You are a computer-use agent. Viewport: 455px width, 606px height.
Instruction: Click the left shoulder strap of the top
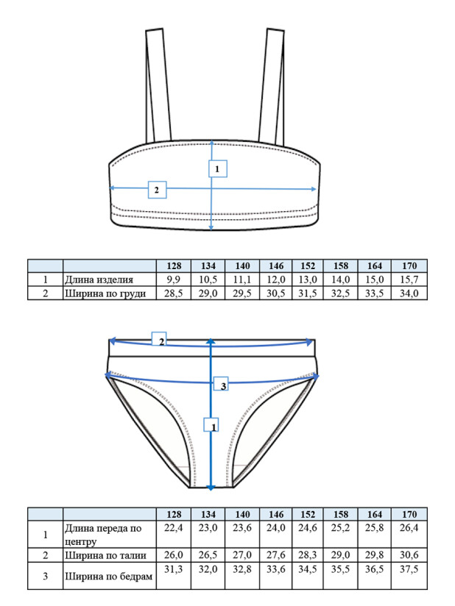tap(158, 86)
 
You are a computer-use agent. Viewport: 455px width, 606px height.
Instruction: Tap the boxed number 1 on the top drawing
tap(217, 168)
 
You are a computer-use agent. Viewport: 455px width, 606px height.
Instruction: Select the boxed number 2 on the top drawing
tap(157, 190)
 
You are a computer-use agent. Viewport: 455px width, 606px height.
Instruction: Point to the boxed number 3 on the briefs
tap(222, 385)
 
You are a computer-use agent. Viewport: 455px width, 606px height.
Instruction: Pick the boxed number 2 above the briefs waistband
tap(159, 339)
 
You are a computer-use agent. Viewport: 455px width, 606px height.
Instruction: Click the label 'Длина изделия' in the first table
tap(99, 279)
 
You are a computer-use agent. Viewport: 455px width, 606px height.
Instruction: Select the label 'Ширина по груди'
tap(105, 293)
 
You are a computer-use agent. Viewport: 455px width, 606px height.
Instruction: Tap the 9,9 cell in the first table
tap(173, 279)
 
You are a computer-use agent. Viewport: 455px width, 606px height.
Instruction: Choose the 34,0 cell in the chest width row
tap(409, 293)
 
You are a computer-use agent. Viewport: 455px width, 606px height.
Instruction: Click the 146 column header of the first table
tap(276, 266)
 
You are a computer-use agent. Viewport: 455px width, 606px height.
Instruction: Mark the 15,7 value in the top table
tap(409, 279)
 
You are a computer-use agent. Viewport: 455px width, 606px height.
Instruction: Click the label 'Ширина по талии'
tap(105, 555)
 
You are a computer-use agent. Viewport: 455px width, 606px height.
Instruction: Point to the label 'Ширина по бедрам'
tap(108, 577)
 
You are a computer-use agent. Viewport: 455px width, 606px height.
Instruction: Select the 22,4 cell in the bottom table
tap(173, 528)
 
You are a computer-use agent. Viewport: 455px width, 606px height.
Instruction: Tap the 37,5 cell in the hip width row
tap(409, 569)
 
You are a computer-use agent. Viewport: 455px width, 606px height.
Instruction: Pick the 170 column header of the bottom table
tap(409, 514)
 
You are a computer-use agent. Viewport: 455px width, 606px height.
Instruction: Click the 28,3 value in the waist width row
tap(308, 555)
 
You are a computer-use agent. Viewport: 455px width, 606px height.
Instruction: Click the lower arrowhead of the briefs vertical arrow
tap(211, 488)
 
